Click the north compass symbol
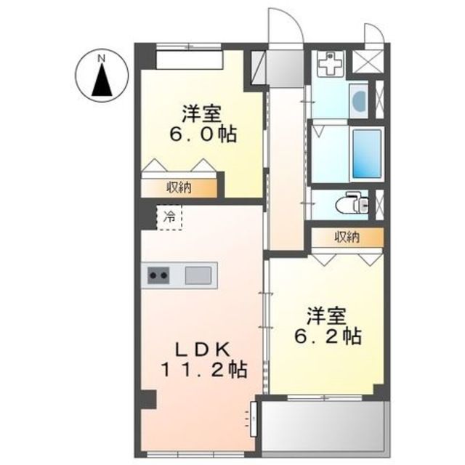[x=102, y=78]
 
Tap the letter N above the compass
[x=102, y=56]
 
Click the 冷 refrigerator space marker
[x=169, y=217]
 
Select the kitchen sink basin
[x=198, y=275]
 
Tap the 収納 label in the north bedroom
[x=179, y=188]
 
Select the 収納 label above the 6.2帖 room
[x=347, y=237]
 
